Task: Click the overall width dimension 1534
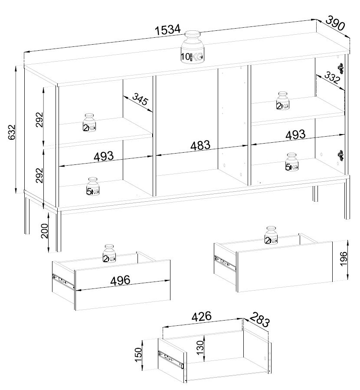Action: (167, 30)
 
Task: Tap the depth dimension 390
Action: (335, 23)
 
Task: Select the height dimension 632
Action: (11, 132)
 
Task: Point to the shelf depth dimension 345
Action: (140, 99)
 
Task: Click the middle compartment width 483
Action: (200, 145)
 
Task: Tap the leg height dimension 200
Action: (45, 231)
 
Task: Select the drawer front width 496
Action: (120, 281)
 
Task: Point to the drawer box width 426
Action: (201, 316)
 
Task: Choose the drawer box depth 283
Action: (259, 320)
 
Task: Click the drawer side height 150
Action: (138, 355)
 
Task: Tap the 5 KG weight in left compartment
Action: (93, 186)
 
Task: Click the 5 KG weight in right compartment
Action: (291, 162)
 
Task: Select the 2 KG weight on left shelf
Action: (89, 123)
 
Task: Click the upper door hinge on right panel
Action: (340, 68)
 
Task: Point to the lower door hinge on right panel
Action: (340, 155)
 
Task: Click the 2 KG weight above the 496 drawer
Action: (109, 253)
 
